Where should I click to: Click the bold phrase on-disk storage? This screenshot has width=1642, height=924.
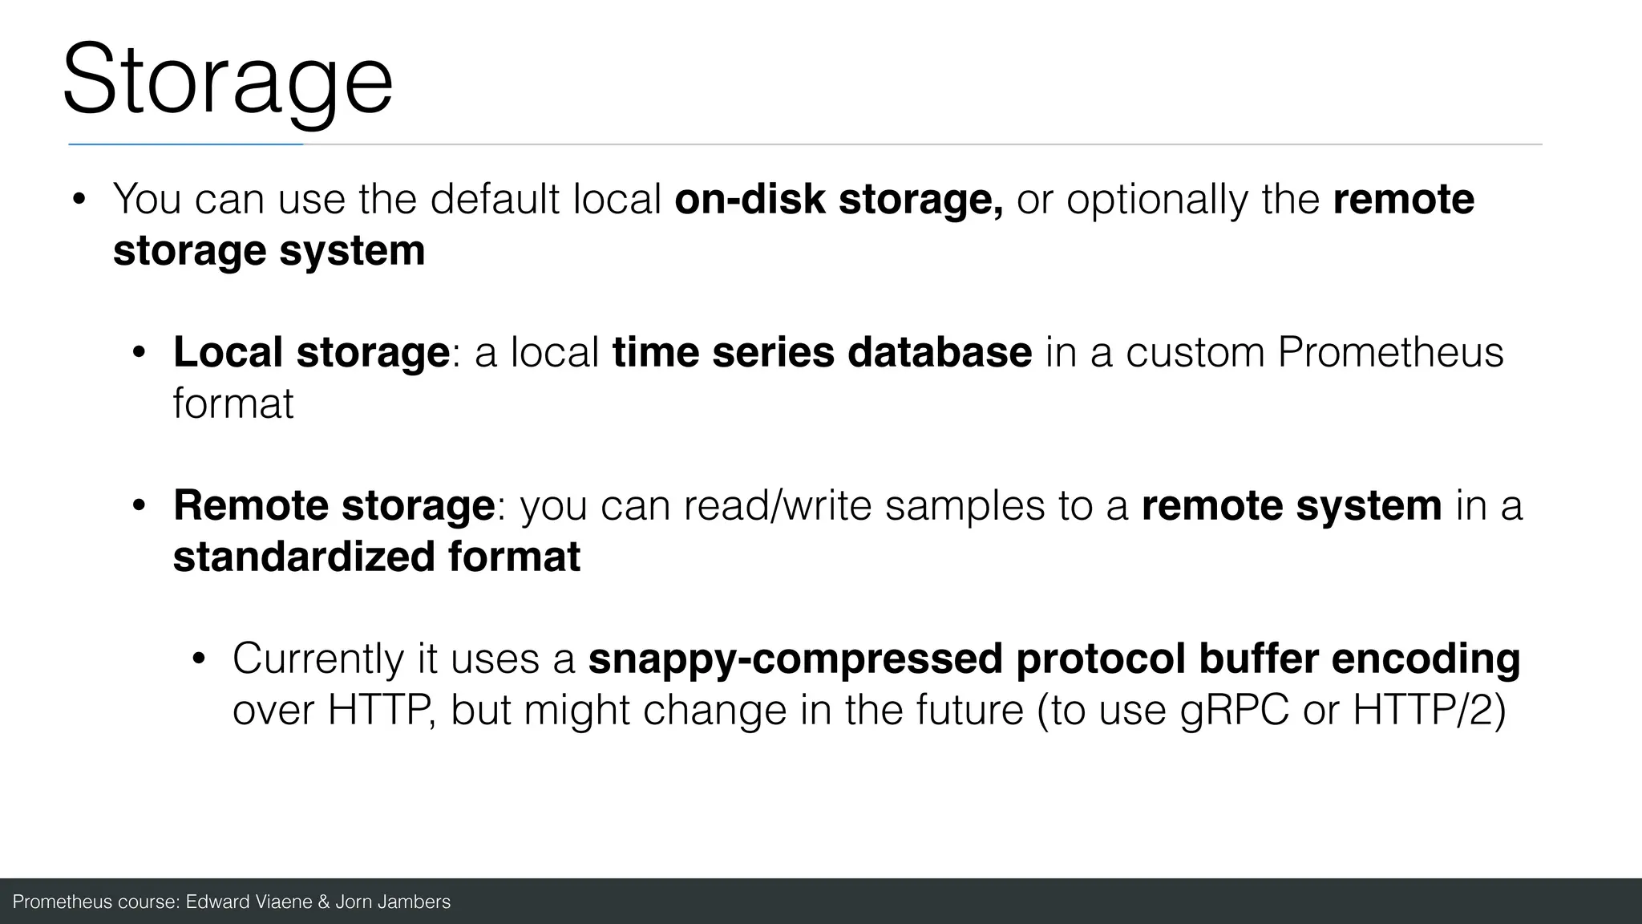click(838, 199)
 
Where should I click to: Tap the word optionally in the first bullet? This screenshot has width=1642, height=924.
click(1156, 199)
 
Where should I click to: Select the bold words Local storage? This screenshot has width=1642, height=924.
click(311, 352)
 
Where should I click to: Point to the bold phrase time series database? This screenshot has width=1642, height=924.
click(822, 352)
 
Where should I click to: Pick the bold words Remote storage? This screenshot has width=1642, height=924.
click(334, 505)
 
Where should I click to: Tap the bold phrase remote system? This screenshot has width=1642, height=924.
click(1291, 505)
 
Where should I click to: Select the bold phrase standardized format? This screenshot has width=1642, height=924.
click(376, 557)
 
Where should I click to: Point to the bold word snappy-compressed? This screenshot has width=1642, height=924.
click(795, 659)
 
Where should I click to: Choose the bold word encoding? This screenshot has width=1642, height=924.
click(1426, 659)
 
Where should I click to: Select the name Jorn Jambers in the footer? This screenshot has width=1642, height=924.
click(392, 902)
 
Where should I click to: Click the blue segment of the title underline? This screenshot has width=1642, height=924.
click(185, 144)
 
